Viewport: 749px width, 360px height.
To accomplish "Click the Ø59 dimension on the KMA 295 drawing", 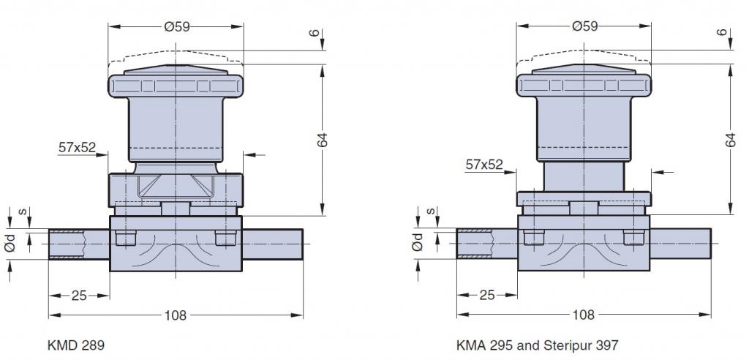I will (x=584, y=26).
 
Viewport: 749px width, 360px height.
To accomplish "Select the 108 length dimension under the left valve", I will (x=176, y=315).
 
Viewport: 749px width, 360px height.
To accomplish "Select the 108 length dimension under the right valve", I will (x=584, y=315).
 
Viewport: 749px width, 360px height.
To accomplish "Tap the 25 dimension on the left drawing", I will (x=80, y=295).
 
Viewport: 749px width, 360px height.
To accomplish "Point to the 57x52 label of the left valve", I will (x=77, y=147).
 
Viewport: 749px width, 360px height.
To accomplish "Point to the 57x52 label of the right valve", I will (x=484, y=165).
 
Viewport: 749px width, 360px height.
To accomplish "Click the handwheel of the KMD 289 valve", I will (x=176, y=86).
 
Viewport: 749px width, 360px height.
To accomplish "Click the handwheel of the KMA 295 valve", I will (x=584, y=86).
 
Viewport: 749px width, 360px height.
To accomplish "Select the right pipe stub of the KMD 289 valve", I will (x=271, y=244).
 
